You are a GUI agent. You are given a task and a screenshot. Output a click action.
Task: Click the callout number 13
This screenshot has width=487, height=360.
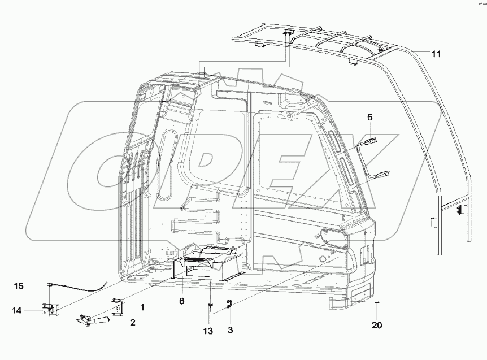tap(208, 330)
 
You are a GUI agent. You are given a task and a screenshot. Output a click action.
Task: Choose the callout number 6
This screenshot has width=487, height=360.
tap(181, 302)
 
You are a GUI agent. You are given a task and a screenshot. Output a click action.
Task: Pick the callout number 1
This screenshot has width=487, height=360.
tap(142, 307)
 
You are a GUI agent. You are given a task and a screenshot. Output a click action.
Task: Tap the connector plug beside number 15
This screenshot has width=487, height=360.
tap(51, 284)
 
